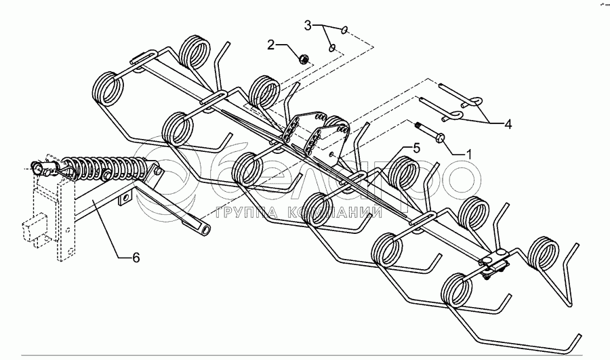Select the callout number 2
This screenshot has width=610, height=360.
(x=270, y=45)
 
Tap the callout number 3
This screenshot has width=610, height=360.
(x=308, y=26)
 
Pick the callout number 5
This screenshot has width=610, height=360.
(x=417, y=147)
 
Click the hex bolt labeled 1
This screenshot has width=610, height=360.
(x=428, y=134)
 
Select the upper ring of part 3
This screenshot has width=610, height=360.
(x=346, y=29)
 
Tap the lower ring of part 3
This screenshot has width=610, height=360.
(x=331, y=47)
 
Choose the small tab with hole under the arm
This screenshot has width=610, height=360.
(x=124, y=200)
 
